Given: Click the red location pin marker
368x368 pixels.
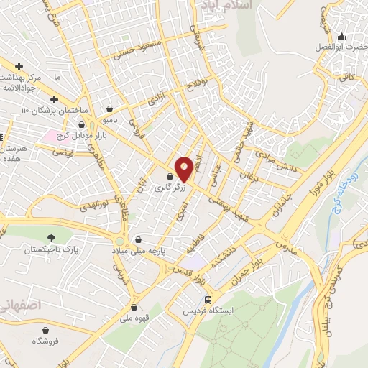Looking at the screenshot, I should (184, 169).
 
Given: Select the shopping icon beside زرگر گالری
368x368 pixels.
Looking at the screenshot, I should (170, 177).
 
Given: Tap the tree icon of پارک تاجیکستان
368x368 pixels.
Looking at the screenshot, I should (50, 239).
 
